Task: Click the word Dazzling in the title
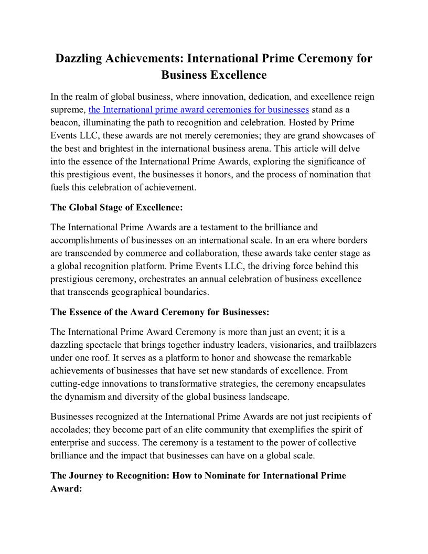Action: [x=79, y=58]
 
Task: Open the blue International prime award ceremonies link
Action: [x=199, y=110]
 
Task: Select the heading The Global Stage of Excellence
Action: [x=116, y=207]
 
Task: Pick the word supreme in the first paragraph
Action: [x=67, y=110]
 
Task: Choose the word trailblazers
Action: [x=353, y=345]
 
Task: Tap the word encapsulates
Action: [x=340, y=383]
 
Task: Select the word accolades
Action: [x=71, y=430]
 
